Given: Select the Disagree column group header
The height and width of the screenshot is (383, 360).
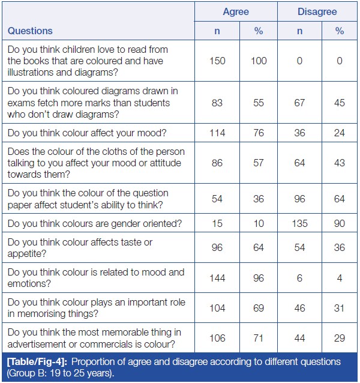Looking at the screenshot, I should (x=317, y=11).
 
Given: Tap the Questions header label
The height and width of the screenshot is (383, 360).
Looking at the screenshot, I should (x=31, y=31).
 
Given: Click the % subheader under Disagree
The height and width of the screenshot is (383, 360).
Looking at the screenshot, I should (x=340, y=31).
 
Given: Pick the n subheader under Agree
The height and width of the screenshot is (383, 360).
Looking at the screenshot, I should (x=217, y=31).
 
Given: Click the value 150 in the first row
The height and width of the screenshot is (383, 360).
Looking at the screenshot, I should (x=217, y=61).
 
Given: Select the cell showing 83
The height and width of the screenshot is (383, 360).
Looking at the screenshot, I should (x=217, y=103).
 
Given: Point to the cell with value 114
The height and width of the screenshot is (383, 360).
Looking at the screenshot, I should (x=217, y=133).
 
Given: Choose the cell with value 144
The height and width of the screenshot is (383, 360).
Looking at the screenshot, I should (x=217, y=277).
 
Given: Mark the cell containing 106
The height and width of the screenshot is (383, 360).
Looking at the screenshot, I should (x=217, y=339).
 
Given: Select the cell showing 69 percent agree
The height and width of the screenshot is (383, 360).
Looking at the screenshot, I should (x=259, y=308).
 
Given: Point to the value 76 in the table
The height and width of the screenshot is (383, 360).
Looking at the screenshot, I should (x=259, y=133).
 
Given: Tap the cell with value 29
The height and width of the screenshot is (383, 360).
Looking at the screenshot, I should (x=340, y=339).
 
